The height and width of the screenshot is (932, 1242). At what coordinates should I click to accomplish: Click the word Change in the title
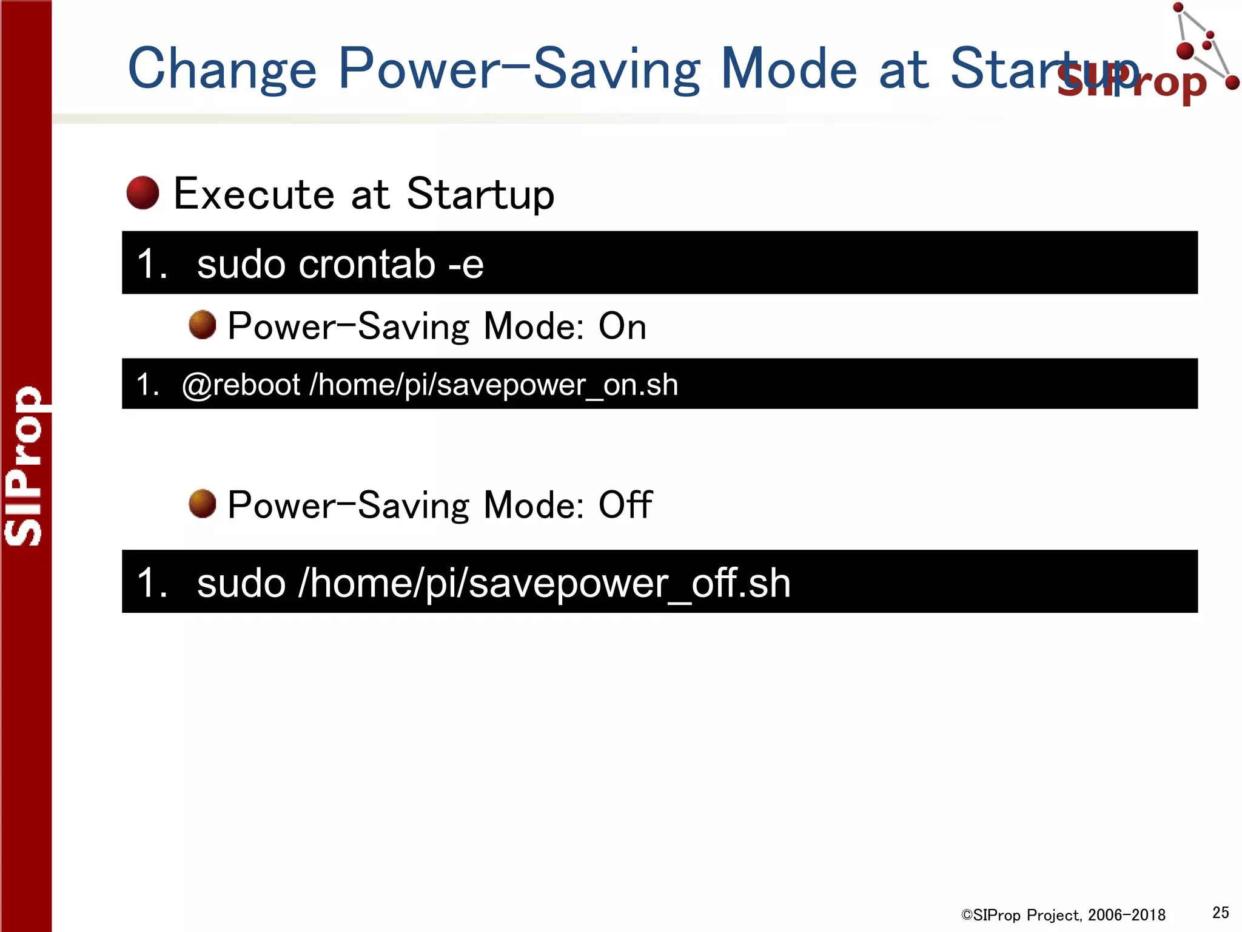[x=222, y=69]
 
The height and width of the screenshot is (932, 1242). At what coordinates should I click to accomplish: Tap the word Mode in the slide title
[x=788, y=69]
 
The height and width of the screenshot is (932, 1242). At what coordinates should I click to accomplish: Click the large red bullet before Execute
[x=143, y=193]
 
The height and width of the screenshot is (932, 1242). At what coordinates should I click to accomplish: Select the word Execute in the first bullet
[x=253, y=194]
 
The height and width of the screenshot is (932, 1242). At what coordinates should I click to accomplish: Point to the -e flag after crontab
[x=466, y=265]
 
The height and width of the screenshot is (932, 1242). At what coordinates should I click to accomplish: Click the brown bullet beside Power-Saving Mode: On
[x=202, y=325]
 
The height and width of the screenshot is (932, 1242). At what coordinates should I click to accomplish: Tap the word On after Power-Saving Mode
[x=622, y=326]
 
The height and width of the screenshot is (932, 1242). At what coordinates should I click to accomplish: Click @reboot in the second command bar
[x=241, y=385]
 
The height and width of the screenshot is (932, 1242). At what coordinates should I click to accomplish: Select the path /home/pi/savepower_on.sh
[x=494, y=385]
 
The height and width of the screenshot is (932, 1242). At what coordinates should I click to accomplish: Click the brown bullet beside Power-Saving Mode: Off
[x=202, y=504]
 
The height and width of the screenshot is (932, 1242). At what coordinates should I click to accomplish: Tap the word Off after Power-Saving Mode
[x=625, y=504]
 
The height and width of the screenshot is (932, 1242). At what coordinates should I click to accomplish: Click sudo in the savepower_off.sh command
[x=241, y=583]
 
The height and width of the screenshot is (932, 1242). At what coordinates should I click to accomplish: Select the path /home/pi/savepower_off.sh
[x=544, y=583]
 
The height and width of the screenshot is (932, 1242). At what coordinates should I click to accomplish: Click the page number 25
[x=1220, y=913]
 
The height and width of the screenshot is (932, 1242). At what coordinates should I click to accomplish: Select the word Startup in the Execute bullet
[x=480, y=194]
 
